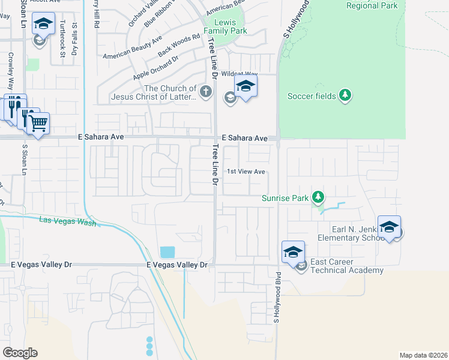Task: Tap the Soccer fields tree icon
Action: point(345,95)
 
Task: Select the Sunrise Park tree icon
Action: point(318,197)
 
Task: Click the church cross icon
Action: point(206,92)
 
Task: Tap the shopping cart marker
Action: point(38,123)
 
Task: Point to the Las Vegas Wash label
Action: point(67,221)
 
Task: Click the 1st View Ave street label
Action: point(246,172)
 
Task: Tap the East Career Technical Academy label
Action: point(347,266)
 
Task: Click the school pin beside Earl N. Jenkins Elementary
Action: point(389,227)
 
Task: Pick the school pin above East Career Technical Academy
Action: point(293,251)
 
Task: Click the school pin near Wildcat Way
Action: point(246,86)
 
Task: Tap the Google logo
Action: point(20,353)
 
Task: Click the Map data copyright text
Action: point(423,355)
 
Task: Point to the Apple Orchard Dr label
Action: point(157,68)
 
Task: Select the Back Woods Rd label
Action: point(179,46)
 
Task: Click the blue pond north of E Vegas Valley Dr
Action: point(167,252)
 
